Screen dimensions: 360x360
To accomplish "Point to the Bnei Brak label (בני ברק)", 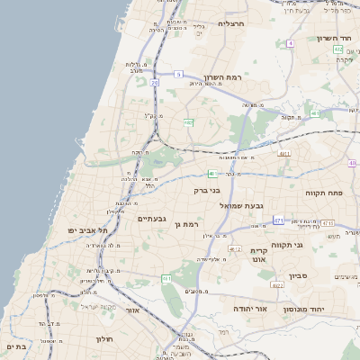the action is point(207,191).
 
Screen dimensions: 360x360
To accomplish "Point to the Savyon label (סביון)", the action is point(299,275).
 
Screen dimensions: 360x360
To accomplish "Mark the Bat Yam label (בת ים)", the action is point(15,346).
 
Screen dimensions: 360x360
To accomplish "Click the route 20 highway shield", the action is point(155,82).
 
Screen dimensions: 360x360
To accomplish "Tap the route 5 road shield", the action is point(178,74).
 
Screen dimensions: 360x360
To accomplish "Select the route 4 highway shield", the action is point(291,42).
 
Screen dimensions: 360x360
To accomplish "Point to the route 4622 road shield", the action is point(277,285).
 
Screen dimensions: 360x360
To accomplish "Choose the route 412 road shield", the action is point(235,248).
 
